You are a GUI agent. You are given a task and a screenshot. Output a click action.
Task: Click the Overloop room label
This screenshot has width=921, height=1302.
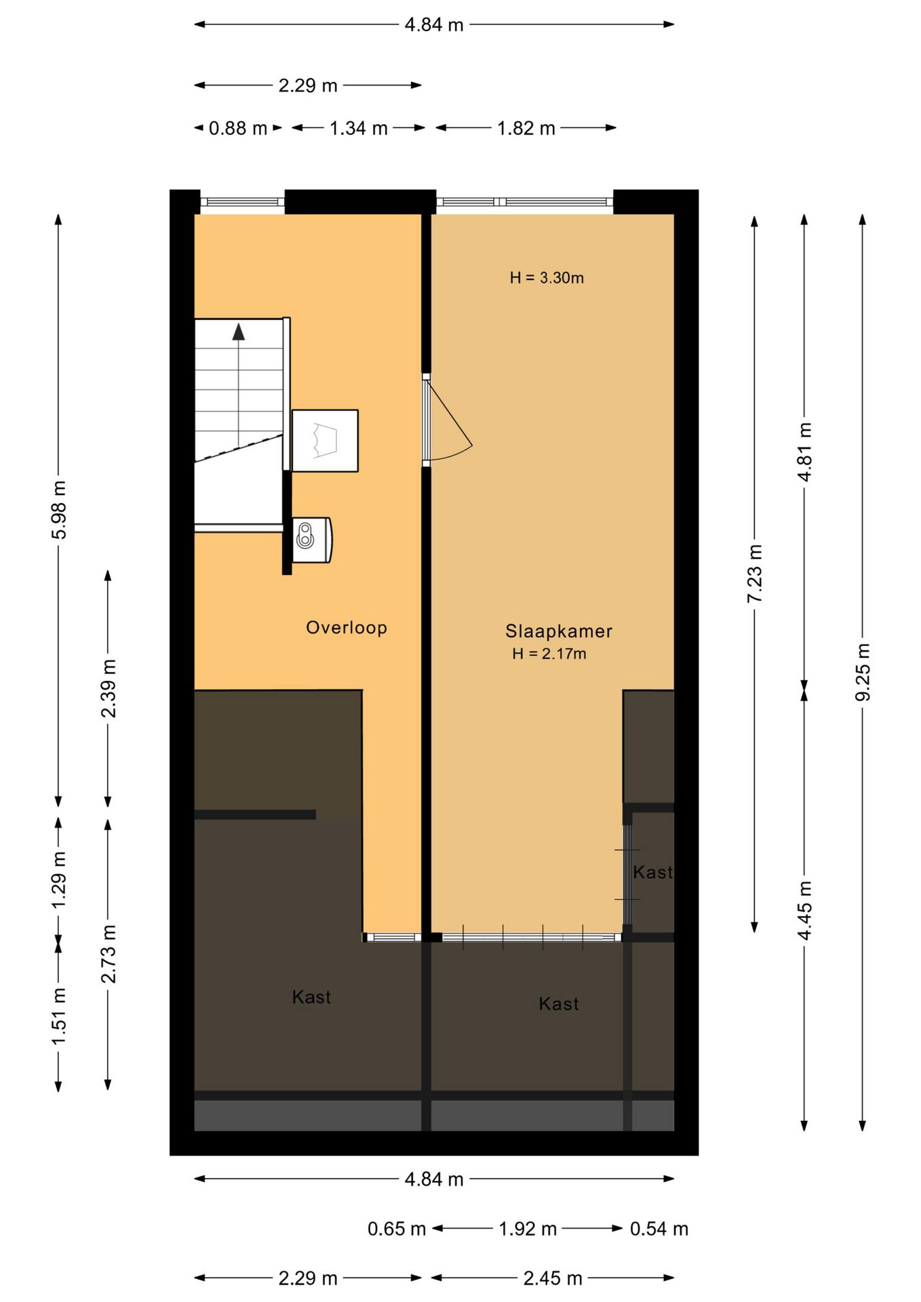(346, 627)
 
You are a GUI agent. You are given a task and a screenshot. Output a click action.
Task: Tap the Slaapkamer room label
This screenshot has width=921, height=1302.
(558, 631)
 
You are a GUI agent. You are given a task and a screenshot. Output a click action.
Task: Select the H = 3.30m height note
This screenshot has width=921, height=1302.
(547, 278)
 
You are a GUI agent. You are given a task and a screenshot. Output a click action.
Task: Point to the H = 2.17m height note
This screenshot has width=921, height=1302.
(549, 654)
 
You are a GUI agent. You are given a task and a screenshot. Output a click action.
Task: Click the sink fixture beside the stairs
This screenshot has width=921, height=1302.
(311, 540)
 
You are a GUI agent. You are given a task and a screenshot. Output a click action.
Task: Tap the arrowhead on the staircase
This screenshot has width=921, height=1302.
(238, 332)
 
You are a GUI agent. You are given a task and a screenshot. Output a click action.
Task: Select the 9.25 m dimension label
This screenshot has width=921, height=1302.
(862, 672)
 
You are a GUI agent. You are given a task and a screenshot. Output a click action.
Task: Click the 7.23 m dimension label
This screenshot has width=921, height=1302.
(754, 573)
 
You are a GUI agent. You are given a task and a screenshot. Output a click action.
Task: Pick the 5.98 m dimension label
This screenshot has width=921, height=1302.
(59, 510)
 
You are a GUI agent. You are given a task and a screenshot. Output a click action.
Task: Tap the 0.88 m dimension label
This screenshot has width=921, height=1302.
(237, 128)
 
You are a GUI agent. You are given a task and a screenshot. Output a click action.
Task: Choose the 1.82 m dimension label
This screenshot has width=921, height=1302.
(526, 128)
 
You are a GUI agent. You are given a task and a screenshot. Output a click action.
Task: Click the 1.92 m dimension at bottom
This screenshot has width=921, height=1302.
(527, 1228)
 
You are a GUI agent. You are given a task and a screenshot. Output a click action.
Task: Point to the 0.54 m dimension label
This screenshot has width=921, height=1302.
(659, 1228)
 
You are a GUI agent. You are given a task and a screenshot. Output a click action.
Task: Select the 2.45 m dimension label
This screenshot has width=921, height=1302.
(552, 1278)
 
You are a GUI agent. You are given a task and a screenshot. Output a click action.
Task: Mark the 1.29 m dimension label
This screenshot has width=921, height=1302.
(59, 880)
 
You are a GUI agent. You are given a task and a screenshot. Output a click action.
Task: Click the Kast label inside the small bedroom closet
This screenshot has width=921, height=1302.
(652, 872)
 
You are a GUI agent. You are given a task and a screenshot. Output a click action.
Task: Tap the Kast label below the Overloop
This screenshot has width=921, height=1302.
(311, 997)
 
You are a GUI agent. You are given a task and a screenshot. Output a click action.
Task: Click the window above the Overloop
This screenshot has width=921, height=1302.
(242, 201)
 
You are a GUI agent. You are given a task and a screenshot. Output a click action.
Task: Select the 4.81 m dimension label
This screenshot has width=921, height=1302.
(804, 451)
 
